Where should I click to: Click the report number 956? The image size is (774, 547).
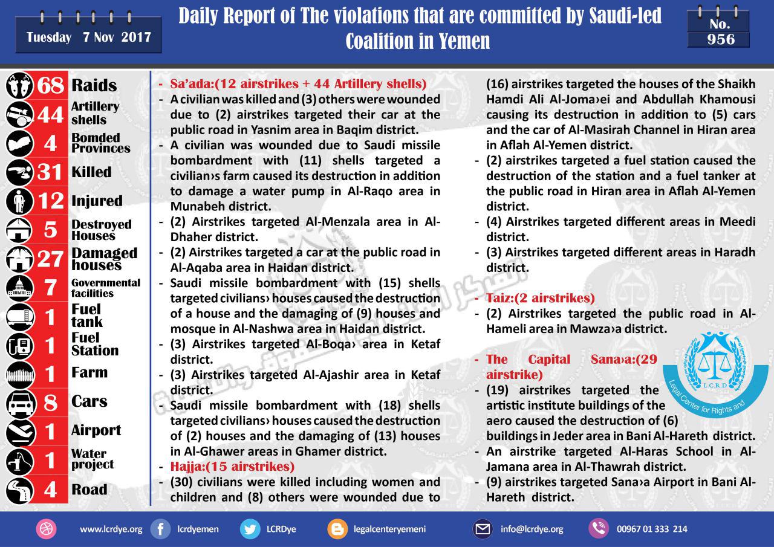pyautogui.click(x=721, y=40)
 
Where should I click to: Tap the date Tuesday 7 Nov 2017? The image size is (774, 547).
pyautogui.click(x=88, y=37)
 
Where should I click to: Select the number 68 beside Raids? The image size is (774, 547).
pyautogui.click(x=50, y=85)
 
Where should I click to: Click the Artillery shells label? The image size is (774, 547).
pyautogui.click(x=95, y=113)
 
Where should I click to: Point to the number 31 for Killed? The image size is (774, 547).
pyautogui.click(x=50, y=172)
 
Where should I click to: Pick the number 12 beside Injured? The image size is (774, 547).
pyautogui.click(x=50, y=201)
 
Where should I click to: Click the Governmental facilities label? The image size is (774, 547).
pyautogui.click(x=105, y=288)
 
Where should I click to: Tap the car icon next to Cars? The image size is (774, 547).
pyautogui.click(x=18, y=402)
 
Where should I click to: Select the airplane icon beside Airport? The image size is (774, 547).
pyautogui.click(x=18, y=431)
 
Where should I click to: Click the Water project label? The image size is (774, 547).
pyautogui.click(x=93, y=459)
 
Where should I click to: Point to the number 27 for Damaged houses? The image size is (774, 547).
pyautogui.click(x=50, y=259)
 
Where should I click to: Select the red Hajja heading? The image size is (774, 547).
pyautogui.click(x=232, y=466)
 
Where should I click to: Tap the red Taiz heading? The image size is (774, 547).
pyautogui.click(x=540, y=298)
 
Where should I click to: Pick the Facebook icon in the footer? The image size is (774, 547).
pyautogui.click(x=160, y=529)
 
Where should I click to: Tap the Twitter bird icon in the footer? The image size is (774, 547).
pyautogui.click(x=250, y=529)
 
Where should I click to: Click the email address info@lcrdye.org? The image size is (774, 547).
pyautogui.click(x=532, y=529)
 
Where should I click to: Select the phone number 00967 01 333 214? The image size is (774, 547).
pyautogui.click(x=652, y=529)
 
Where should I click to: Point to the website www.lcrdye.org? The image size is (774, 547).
pyautogui.click(x=111, y=529)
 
